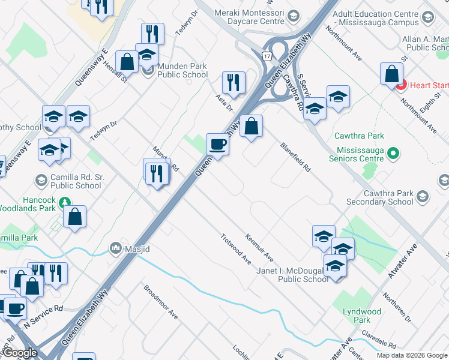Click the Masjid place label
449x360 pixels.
[137, 248]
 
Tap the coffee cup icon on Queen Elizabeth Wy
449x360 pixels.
[217, 145]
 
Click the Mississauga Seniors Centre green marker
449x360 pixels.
[394, 154]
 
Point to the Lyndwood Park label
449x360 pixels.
[362, 316]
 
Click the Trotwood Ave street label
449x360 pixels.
[236, 248]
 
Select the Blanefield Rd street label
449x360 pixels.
[295, 158]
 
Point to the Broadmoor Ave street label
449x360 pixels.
[161, 301]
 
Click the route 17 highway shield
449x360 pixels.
[267, 56]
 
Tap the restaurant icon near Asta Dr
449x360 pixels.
[234, 83]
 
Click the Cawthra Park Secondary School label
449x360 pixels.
[381, 197]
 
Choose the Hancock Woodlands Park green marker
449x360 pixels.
[64, 202]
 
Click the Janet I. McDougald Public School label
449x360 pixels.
[295, 275]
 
